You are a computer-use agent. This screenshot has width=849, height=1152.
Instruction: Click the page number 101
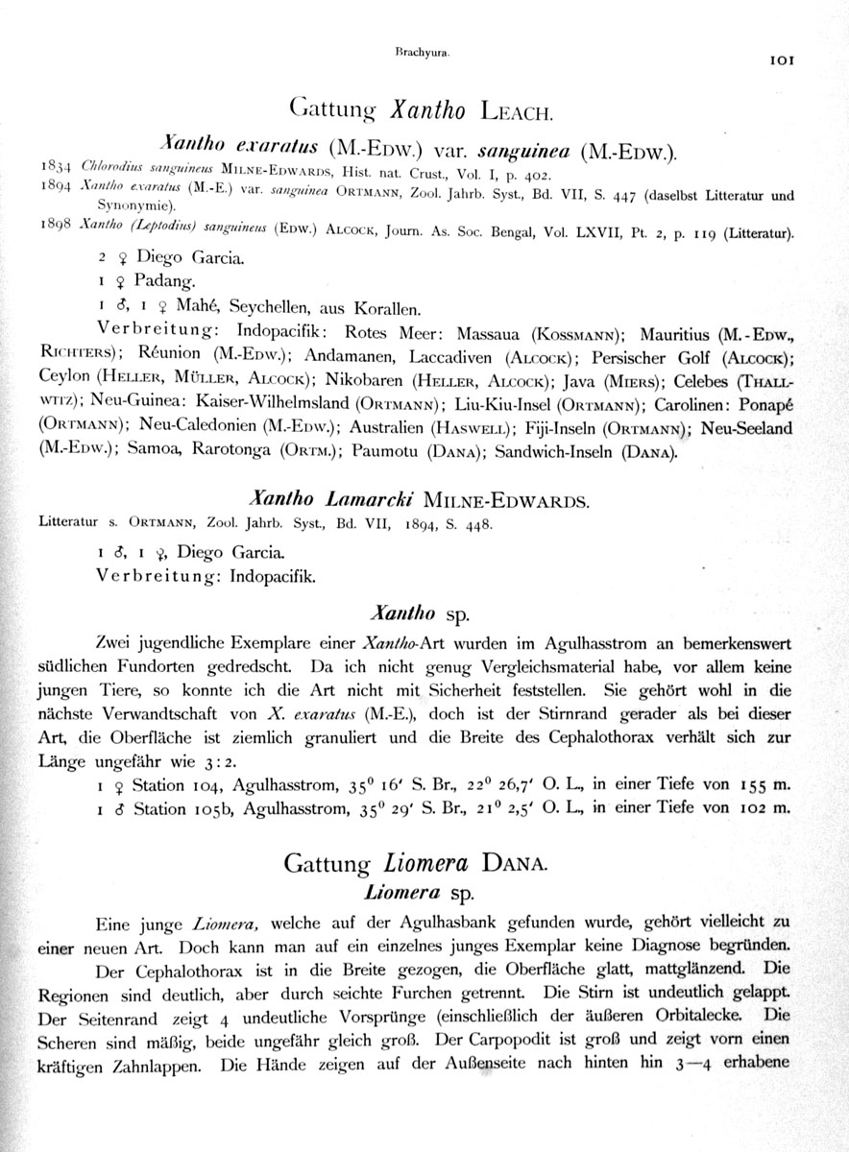(781, 60)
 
